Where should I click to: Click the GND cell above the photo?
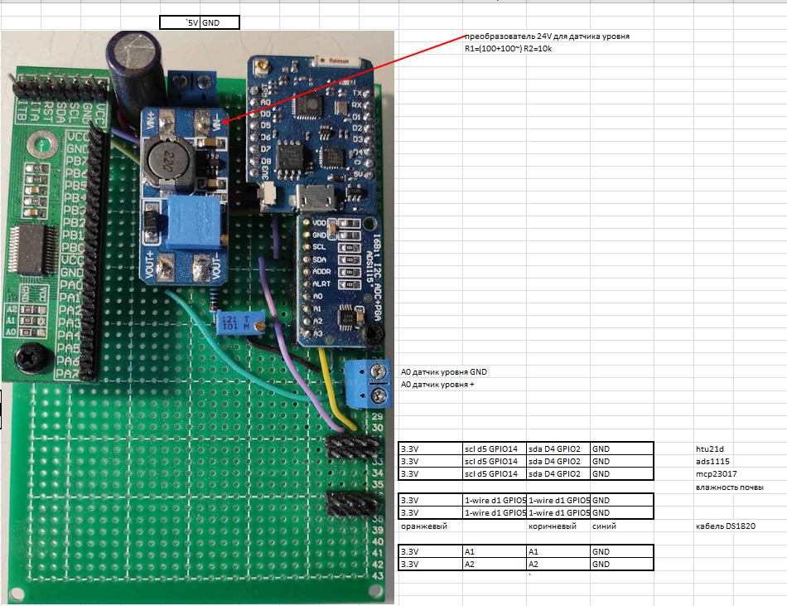pos(220,23)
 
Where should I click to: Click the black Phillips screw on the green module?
pos(33,355)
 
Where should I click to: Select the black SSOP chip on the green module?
pos(30,250)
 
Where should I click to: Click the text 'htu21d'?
pos(710,449)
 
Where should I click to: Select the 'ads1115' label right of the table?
pos(712,462)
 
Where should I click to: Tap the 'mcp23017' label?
pos(715,474)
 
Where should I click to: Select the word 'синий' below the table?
pos(604,526)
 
